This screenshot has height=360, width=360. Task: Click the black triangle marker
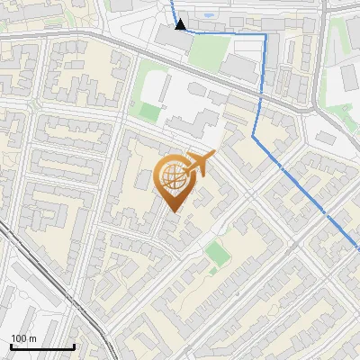tap(181, 24)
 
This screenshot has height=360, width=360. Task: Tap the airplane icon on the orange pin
tap(201, 163)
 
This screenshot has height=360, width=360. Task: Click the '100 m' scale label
tap(24, 338)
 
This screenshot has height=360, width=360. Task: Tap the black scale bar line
tap(41, 347)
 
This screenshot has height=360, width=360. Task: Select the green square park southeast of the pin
tap(216, 253)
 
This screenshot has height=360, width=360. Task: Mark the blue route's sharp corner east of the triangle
tap(265, 35)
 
